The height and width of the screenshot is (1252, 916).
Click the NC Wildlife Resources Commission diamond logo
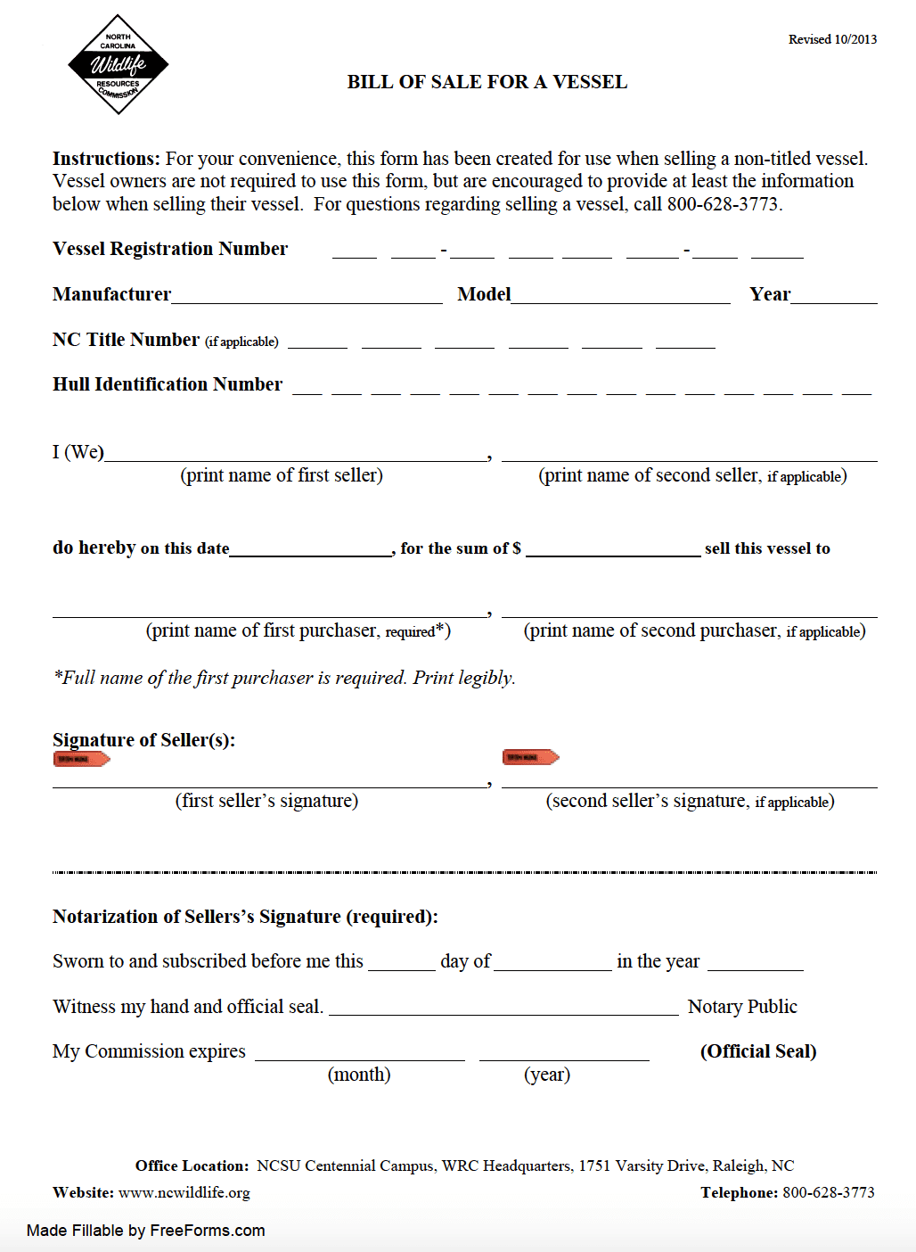(x=118, y=64)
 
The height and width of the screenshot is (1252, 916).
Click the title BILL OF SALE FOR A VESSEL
(x=487, y=82)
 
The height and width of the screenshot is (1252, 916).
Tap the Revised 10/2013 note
(x=832, y=39)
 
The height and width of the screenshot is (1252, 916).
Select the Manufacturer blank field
(x=307, y=295)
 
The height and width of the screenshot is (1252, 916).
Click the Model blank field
(x=620, y=295)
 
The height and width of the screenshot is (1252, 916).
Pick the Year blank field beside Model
(x=833, y=295)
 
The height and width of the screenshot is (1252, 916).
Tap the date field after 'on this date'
(x=310, y=548)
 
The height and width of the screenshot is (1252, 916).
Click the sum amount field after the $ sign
(x=613, y=548)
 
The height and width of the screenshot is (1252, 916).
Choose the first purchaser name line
(x=269, y=609)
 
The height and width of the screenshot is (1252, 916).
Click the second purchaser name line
(x=689, y=609)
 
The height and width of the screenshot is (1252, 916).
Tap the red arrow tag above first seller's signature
(x=81, y=759)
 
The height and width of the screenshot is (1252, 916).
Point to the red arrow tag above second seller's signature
(x=530, y=757)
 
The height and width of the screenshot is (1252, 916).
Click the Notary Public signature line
(x=503, y=1008)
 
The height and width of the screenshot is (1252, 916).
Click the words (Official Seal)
(x=758, y=1051)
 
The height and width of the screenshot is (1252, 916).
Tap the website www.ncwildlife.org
(x=184, y=1192)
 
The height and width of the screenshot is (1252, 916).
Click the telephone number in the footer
(x=829, y=1192)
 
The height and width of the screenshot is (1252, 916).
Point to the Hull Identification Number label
(x=168, y=384)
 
